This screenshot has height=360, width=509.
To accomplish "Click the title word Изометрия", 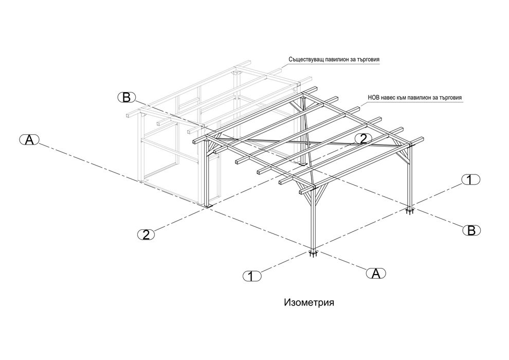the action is point(309,302).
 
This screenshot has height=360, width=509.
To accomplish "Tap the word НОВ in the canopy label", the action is point(373,97).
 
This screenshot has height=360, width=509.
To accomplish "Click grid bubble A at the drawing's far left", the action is point(29,140).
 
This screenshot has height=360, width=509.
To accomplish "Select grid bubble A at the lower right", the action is point(376,273).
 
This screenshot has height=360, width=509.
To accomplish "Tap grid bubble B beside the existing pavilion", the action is point(126,97).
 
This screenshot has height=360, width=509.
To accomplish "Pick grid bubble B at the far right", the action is point(471,230).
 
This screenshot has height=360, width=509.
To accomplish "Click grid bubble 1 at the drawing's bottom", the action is point(252,276).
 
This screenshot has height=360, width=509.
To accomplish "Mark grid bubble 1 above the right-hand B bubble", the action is point(470,179).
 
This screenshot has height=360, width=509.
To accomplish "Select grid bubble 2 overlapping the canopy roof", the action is point(363,139).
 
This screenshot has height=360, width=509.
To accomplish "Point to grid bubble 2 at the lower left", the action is point(146,235).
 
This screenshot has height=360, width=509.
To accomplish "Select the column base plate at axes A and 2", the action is point(208,206).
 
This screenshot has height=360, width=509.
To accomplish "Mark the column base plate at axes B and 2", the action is point(303,164).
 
